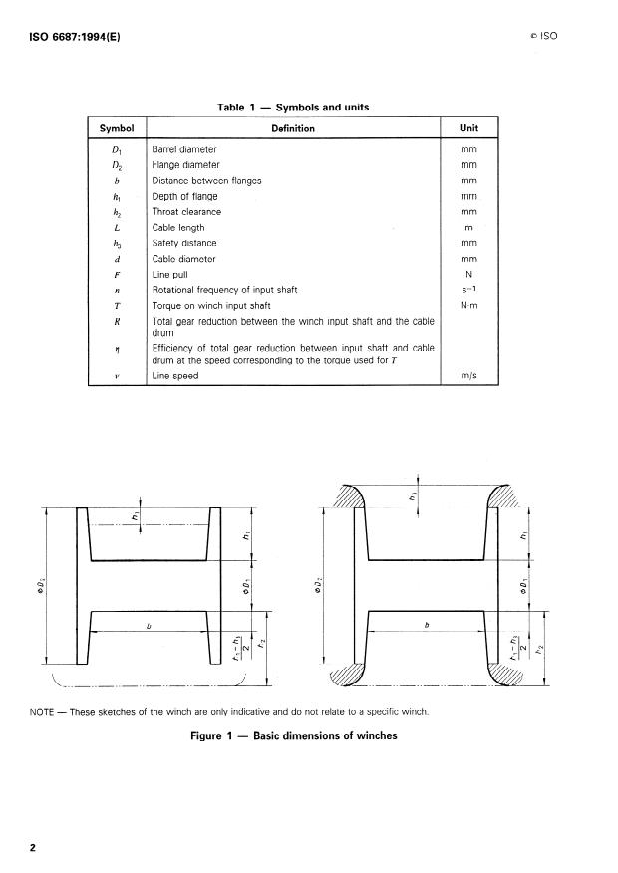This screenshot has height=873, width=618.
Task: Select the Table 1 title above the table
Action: pyautogui.click(x=296, y=106)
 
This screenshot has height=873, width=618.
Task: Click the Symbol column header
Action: pyautogui.click(x=117, y=128)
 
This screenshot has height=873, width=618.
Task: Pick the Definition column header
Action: pyautogui.click(x=293, y=128)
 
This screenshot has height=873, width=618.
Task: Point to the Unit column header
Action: pyautogui.click(x=468, y=128)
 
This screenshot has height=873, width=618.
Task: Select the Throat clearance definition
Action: pyautogui.click(x=186, y=212)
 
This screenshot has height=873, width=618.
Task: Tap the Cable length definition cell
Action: pyautogui.click(x=178, y=228)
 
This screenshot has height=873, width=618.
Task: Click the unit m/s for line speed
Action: pyautogui.click(x=467, y=376)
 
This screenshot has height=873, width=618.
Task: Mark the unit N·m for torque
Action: pyautogui.click(x=467, y=305)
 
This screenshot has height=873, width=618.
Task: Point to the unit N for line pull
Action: pyautogui.click(x=468, y=274)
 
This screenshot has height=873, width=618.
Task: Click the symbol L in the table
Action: pyautogui.click(x=117, y=228)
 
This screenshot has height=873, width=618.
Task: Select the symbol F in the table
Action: pyautogui.click(x=117, y=274)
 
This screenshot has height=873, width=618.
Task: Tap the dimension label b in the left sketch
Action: pyautogui.click(x=149, y=627)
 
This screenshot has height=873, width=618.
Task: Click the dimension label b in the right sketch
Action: pyautogui.click(x=427, y=626)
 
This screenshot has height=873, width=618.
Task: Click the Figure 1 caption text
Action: pyautogui.click(x=295, y=736)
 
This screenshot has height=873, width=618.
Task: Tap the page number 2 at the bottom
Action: pyautogui.click(x=34, y=848)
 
